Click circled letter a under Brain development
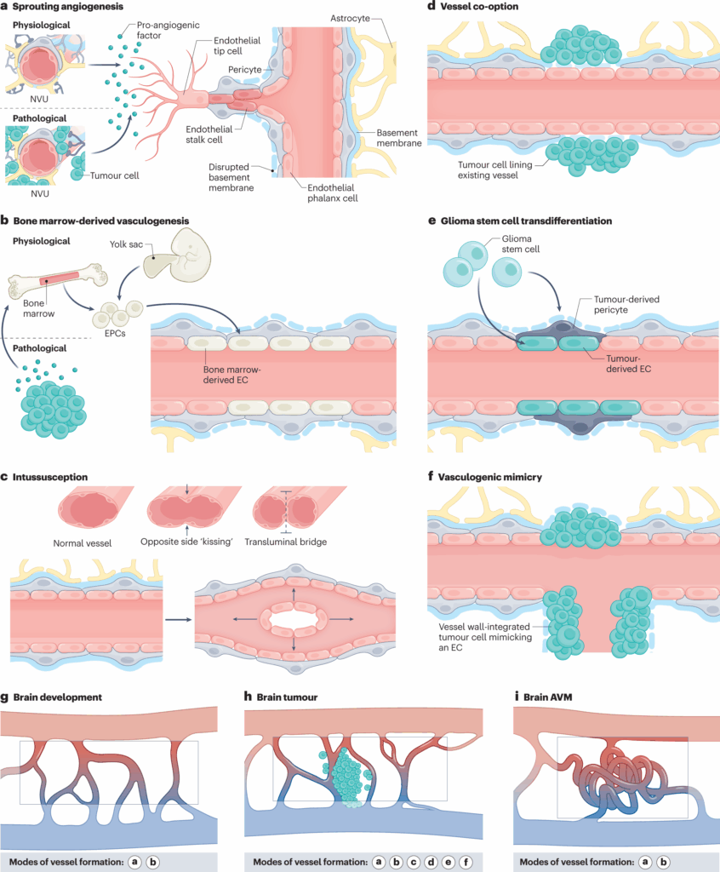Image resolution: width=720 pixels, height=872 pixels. pos(134,861)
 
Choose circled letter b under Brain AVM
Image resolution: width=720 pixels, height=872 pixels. pos(666,861)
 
